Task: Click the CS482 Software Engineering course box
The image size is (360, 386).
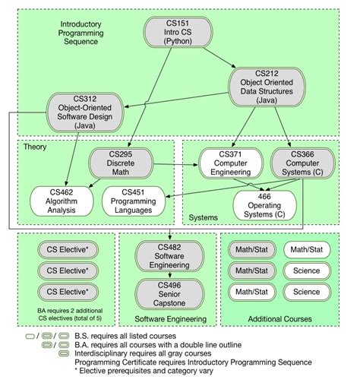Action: click(x=169, y=256)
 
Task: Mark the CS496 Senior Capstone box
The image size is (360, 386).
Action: click(x=169, y=294)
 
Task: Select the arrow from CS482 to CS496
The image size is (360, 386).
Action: click(x=169, y=275)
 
